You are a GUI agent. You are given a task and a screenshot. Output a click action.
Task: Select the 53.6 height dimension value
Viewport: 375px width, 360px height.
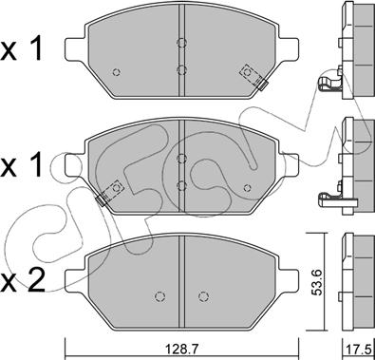(316, 282)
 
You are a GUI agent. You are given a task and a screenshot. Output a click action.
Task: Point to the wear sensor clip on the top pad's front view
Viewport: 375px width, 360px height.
(253, 77)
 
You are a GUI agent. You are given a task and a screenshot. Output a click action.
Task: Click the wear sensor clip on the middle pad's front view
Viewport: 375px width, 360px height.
(109, 193)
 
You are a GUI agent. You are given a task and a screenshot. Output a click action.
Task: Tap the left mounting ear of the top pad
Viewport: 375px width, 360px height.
(75, 48)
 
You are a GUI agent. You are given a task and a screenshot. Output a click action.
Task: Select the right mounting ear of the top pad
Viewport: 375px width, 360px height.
(289, 48)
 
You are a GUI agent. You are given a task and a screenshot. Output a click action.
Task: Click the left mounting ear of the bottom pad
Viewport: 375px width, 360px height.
(75, 280)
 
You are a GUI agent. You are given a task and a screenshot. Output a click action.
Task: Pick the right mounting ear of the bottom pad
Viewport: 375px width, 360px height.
(289, 280)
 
